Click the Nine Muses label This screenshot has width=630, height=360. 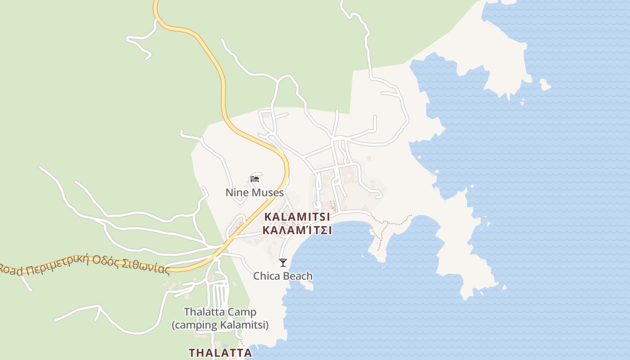(x=254, y=193)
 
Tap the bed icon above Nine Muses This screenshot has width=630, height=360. (x=255, y=179)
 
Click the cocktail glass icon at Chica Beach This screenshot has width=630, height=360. (x=283, y=263)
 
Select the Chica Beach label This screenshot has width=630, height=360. (x=283, y=276)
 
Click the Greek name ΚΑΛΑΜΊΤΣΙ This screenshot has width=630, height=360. (x=297, y=230)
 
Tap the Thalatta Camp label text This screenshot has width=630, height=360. (x=220, y=312)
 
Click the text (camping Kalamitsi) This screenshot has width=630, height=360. (x=220, y=325)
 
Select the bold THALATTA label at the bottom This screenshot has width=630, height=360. (x=220, y=352)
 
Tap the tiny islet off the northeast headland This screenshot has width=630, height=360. (x=545, y=84)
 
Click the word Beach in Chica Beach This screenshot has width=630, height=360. (x=298, y=276)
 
